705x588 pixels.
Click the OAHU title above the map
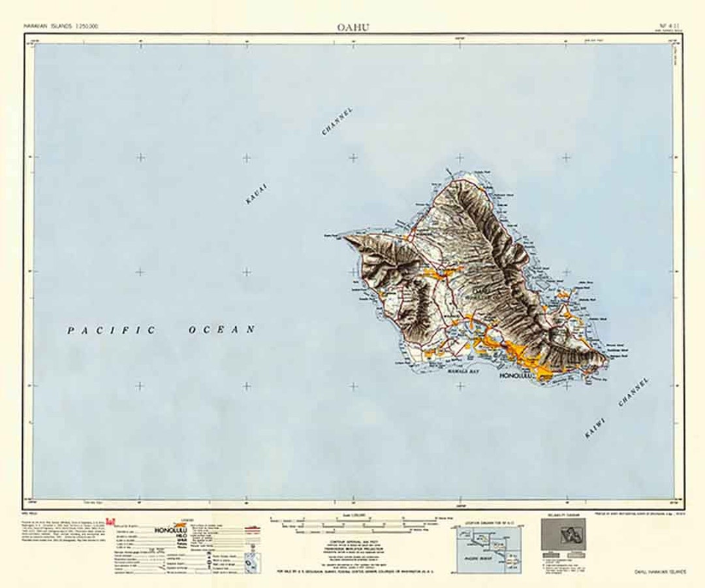(x=353, y=27)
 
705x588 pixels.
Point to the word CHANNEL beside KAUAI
(x=337, y=122)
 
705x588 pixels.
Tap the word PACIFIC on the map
(x=111, y=331)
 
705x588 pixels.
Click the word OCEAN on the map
(x=222, y=331)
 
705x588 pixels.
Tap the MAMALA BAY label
(x=446, y=369)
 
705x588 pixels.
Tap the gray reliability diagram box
(x=567, y=537)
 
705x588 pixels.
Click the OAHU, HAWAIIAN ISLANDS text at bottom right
(x=660, y=573)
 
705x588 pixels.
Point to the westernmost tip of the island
(x=344, y=236)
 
